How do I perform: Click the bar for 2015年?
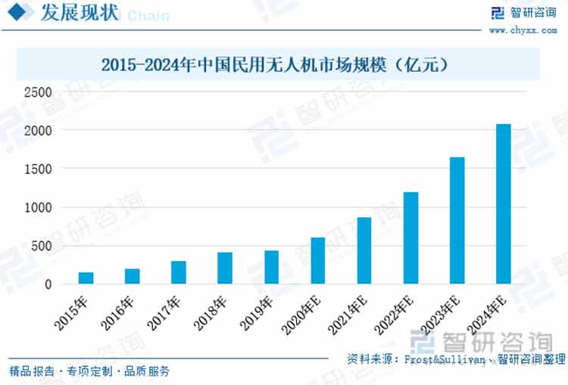click(x=86, y=278)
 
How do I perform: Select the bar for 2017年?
click(x=178, y=272)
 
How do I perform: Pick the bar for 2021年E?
click(x=364, y=250)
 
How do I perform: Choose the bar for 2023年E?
click(x=457, y=220)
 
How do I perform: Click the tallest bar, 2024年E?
click(x=503, y=203)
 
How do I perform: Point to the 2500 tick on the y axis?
click(x=37, y=92)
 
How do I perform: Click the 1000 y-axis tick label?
click(x=37, y=207)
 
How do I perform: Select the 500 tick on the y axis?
click(x=41, y=246)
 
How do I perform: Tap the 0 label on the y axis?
click(x=48, y=284)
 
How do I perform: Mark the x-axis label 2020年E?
click(x=301, y=315)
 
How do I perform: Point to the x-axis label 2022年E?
click(x=395, y=315)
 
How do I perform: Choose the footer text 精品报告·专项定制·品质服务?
click(x=89, y=371)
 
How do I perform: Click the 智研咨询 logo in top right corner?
click(x=519, y=13)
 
